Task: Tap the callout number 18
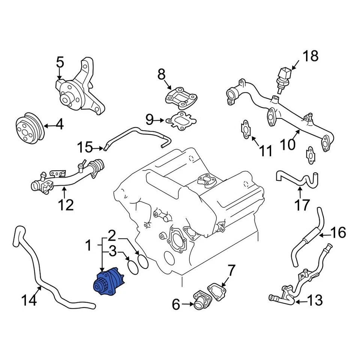tap(310, 56)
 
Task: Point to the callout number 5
tap(60, 62)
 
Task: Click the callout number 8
tap(161, 75)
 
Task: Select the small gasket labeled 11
tap(245, 129)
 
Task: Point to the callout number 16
tap(339, 233)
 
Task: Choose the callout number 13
tap(315, 300)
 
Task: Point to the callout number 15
tap(85, 147)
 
